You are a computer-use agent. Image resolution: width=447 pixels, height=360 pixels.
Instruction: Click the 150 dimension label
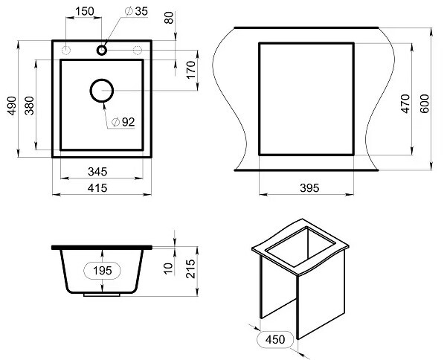[x=84, y=11]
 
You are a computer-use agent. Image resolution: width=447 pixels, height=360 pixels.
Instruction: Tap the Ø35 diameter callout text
[x=137, y=11]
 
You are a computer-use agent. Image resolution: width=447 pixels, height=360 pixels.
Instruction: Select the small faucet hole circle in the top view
[x=102, y=50]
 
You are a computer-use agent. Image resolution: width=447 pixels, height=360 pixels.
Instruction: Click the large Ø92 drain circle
[x=102, y=91]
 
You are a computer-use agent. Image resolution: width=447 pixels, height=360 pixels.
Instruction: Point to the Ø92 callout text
[x=123, y=122]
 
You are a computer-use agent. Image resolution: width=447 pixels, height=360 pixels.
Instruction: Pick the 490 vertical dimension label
[x=12, y=106]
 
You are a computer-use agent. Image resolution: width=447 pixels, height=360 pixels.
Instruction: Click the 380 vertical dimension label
[x=29, y=106]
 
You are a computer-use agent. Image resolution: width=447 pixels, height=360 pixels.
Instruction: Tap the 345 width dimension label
[x=97, y=172]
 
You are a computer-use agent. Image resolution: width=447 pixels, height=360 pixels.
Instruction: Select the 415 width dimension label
[x=97, y=188]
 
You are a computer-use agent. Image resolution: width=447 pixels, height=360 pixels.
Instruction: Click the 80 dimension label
[x=169, y=18]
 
